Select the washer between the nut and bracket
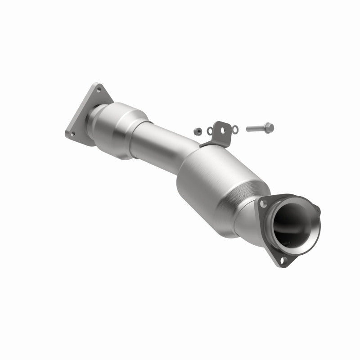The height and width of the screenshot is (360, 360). point(209,131)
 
